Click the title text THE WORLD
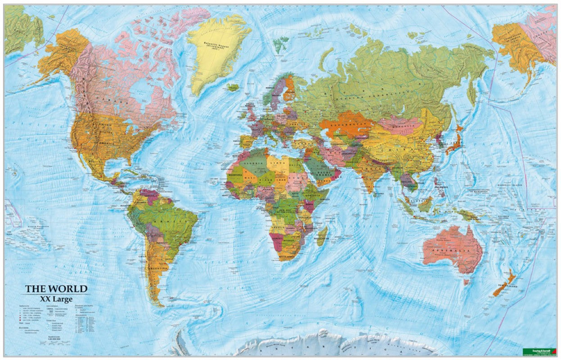(x=56, y=288)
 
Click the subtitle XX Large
(x=56, y=299)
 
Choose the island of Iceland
(x=232, y=87)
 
